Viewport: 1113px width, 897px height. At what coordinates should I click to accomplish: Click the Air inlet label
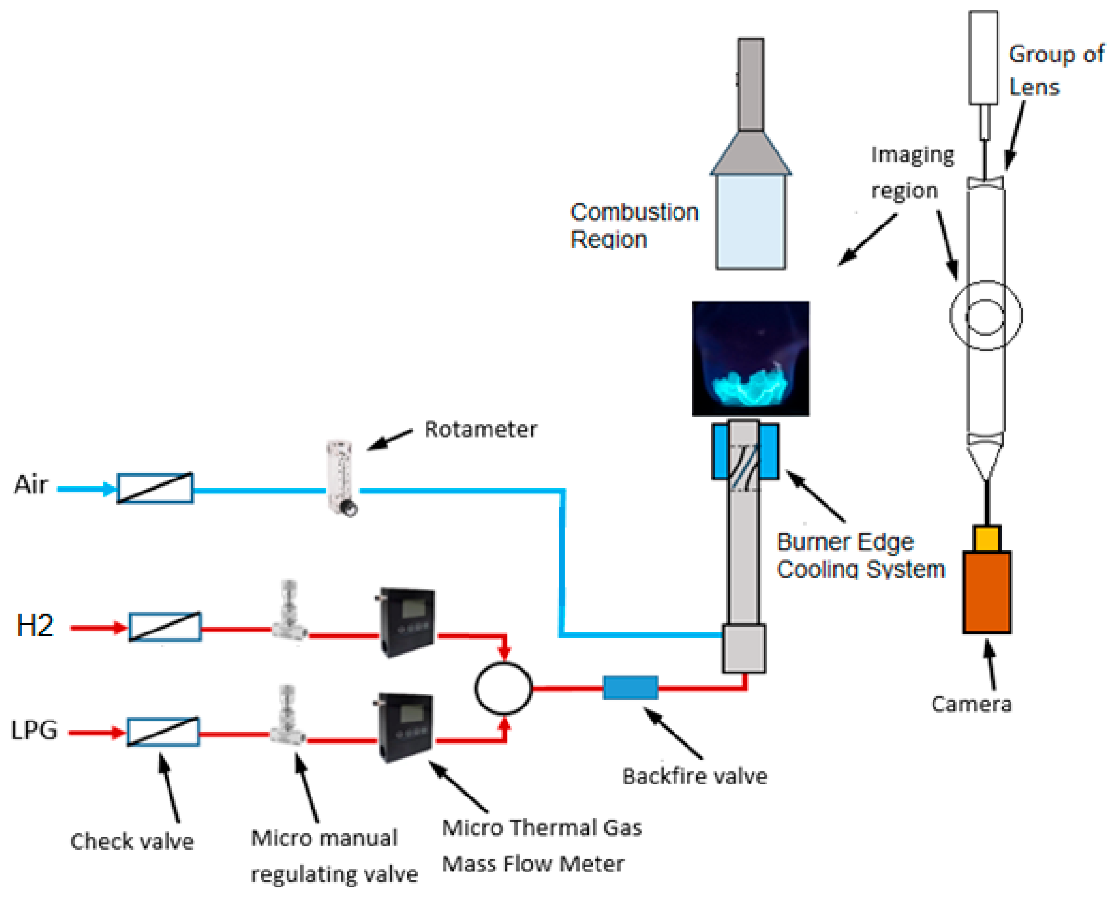pos(31,485)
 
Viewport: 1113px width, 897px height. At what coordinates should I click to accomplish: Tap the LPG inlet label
pos(34,730)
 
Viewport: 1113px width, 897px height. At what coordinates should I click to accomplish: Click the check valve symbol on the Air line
pos(155,488)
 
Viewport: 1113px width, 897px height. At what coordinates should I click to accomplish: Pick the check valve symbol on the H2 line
pos(165,626)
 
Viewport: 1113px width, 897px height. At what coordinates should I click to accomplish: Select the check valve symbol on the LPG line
pos(163,732)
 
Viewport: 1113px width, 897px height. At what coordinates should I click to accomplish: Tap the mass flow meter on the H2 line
pos(407,622)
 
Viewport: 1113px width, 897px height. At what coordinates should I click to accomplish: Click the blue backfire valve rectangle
pos(631,688)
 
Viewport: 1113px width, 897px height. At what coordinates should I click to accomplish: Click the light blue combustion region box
pos(751,222)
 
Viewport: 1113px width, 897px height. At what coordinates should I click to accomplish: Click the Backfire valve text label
pos(695,776)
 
